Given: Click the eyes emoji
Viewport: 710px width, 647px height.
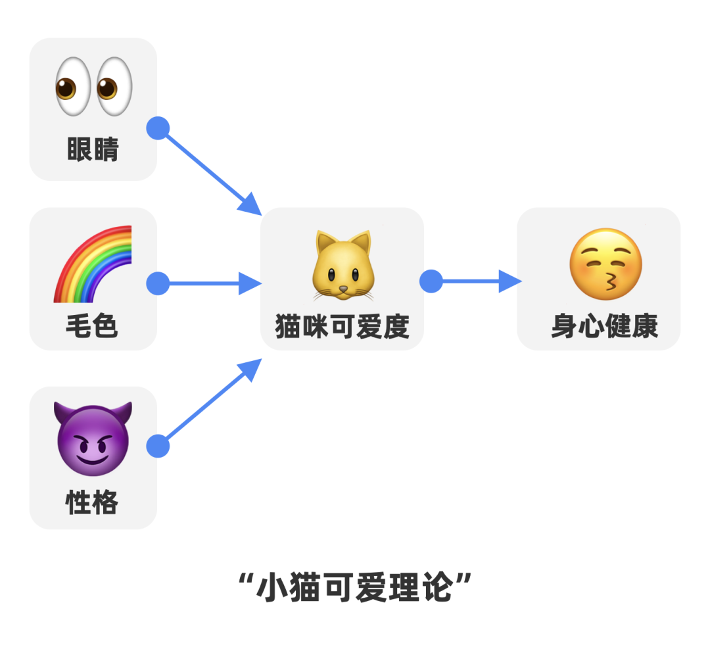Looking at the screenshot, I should (x=93, y=86).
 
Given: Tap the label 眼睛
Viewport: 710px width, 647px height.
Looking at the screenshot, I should (x=93, y=150).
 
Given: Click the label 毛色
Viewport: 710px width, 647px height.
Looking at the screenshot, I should (x=92, y=325).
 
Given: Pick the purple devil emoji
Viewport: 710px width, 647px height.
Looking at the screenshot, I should (x=93, y=439).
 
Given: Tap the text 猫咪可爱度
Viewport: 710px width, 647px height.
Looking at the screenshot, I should (x=342, y=326).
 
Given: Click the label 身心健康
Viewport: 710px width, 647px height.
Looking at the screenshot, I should (x=605, y=326).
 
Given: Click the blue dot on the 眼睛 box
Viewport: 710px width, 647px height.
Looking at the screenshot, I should (x=158, y=128).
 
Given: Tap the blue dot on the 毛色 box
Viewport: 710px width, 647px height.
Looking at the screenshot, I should (x=158, y=284).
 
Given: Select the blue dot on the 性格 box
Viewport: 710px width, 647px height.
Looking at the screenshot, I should (x=158, y=446).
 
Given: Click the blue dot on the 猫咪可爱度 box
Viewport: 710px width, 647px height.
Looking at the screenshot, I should (x=431, y=281).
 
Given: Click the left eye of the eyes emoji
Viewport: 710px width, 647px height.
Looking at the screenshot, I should (x=74, y=86).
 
